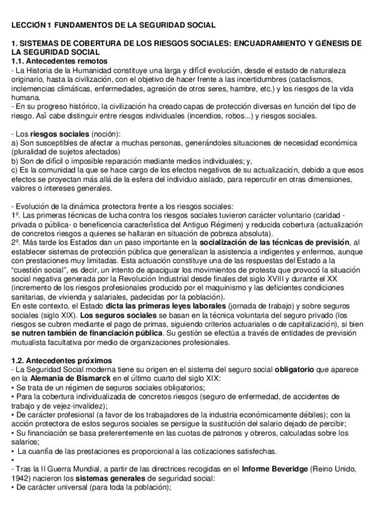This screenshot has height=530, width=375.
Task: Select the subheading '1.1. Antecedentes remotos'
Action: click(x=59, y=61)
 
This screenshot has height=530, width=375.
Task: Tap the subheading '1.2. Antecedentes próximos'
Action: click(x=63, y=361)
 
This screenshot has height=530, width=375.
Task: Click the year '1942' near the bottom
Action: click(x=22, y=479)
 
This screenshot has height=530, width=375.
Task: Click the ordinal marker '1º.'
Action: click(x=17, y=216)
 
